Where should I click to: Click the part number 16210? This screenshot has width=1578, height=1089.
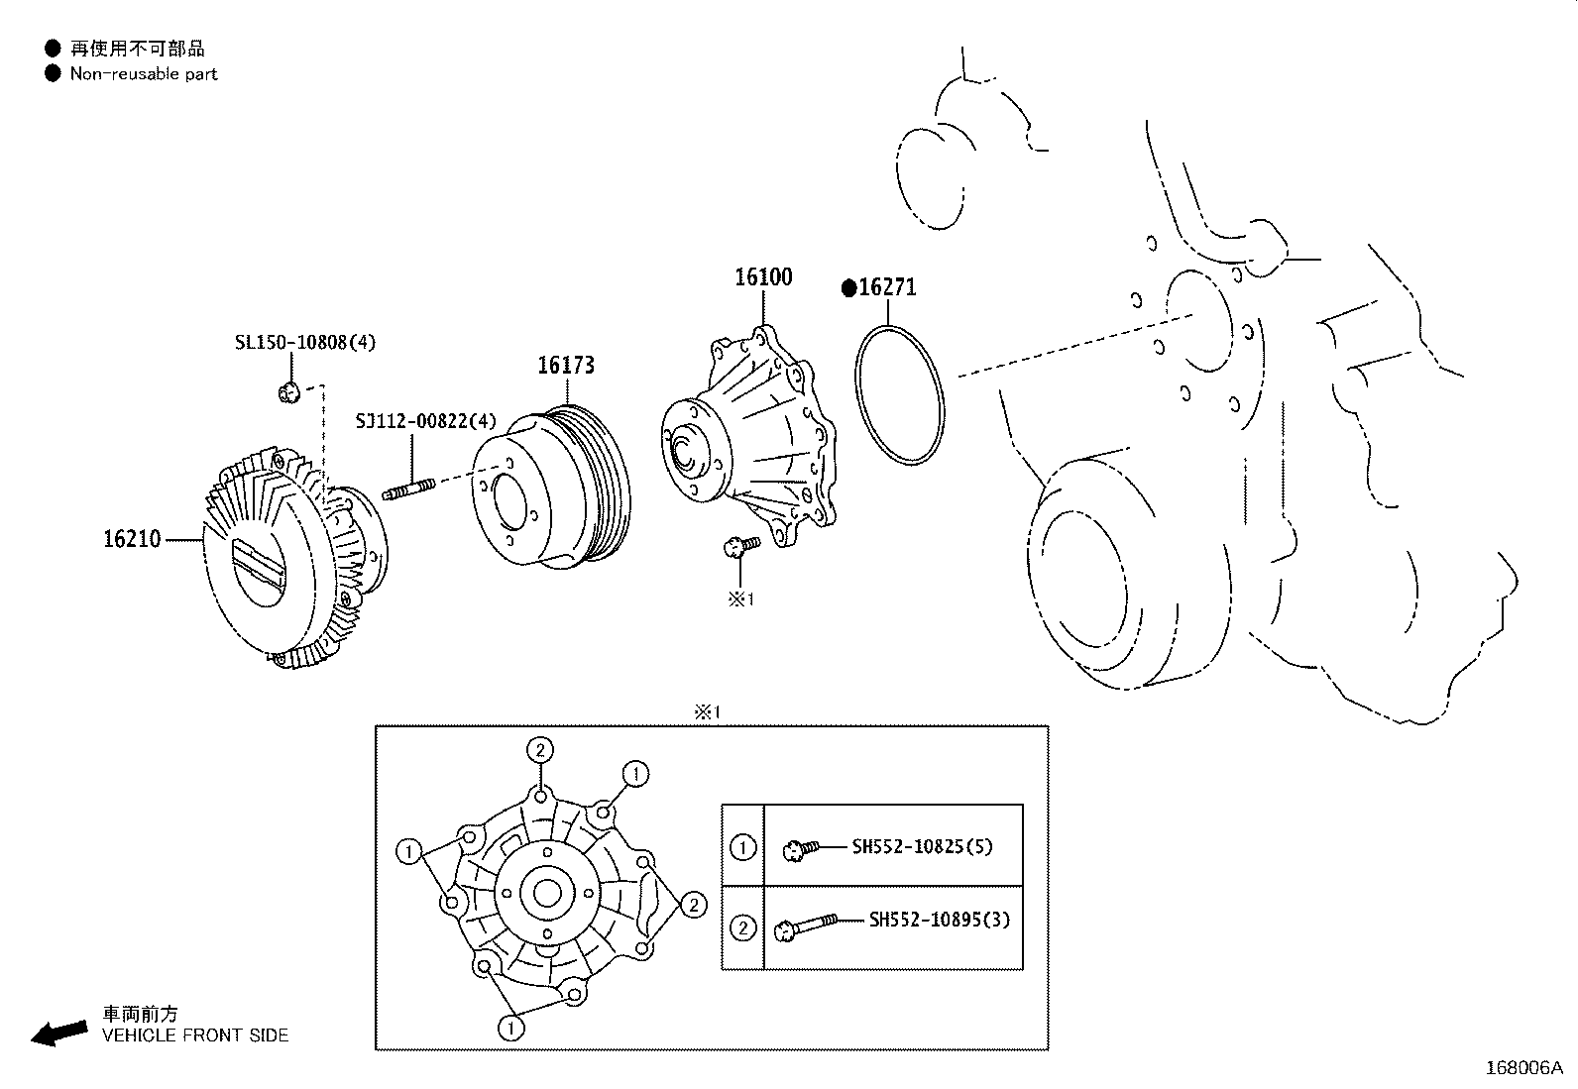(x=133, y=539)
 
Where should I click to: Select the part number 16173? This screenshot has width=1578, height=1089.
(x=566, y=365)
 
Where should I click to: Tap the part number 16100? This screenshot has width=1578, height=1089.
(x=763, y=276)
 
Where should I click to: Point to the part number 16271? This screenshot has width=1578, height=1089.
(x=888, y=287)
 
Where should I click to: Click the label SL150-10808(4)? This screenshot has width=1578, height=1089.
(x=305, y=342)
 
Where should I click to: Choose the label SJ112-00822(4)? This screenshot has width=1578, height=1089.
(x=425, y=421)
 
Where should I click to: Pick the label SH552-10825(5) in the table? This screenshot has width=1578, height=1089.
(x=922, y=846)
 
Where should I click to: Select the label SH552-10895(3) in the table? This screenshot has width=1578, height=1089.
(x=940, y=920)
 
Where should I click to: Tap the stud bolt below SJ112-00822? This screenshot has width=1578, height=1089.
(x=408, y=489)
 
